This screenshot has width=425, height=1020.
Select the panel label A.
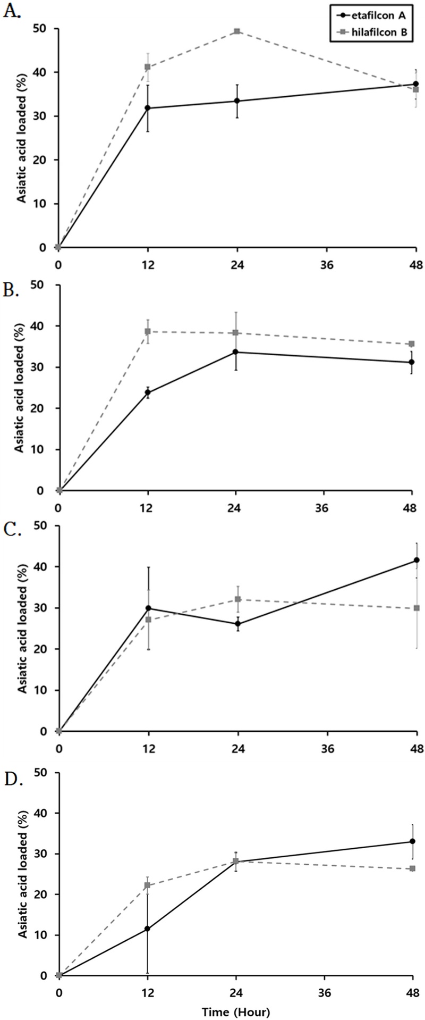tap(12, 12)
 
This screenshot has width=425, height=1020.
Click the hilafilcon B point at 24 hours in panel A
tap(237, 31)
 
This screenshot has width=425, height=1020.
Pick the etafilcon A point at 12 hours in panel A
tap(148, 108)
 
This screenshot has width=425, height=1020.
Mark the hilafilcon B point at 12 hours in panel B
tap(148, 331)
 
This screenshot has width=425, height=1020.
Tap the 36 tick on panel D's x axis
tap(325, 992)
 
